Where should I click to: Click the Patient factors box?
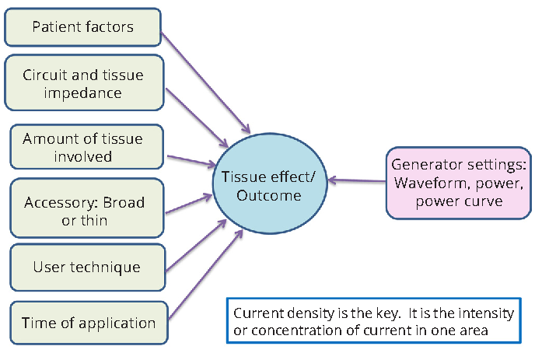82,27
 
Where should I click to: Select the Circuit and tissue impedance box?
84,82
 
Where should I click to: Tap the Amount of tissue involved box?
86,147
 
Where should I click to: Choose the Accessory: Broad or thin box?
87,208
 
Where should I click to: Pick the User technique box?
88,267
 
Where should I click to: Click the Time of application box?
89,323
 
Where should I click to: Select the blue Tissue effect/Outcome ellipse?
270,183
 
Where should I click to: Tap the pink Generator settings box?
459,183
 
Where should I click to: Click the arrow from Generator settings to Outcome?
357,180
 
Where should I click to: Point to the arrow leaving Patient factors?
205,82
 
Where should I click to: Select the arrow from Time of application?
206,274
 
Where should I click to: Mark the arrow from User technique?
196,246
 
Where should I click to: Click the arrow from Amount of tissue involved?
191,161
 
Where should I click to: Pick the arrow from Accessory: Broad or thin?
189,204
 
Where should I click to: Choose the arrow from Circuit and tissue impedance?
197,117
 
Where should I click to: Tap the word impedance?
82,93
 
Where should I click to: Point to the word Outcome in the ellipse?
269,195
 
